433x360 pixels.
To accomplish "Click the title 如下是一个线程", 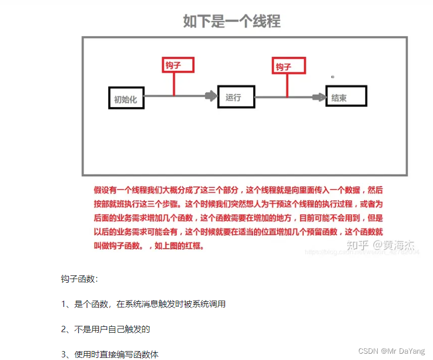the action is pyautogui.click(x=232, y=21).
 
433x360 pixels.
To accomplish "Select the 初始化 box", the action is pyautogui.click(x=126, y=98).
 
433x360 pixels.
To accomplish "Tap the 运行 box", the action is pyautogui.click(x=236, y=97).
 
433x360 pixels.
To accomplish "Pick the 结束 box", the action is pyautogui.click(x=347, y=97).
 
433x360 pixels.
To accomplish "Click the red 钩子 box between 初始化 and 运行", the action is pyautogui.click(x=178, y=65).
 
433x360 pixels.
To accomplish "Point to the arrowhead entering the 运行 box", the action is pyautogui.click(x=211, y=96).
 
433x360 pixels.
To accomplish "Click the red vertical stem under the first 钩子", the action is pyautogui.click(x=174, y=84).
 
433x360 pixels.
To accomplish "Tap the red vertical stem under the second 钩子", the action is pyautogui.click(x=287, y=85).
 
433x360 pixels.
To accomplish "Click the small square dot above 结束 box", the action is pyautogui.click(x=333, y=77).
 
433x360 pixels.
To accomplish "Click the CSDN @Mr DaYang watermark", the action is pyautogui.click(x=391, y=351).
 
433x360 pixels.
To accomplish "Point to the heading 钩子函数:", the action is pyautogui.click(x=80, y=279).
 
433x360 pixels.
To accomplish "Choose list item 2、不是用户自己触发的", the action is pyautogui.click(x=106, y=329).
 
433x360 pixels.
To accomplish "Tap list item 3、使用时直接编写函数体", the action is pyautogui.click(x=110, y=354).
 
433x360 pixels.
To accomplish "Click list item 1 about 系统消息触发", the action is pyautogui.click(x=143, y=304).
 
